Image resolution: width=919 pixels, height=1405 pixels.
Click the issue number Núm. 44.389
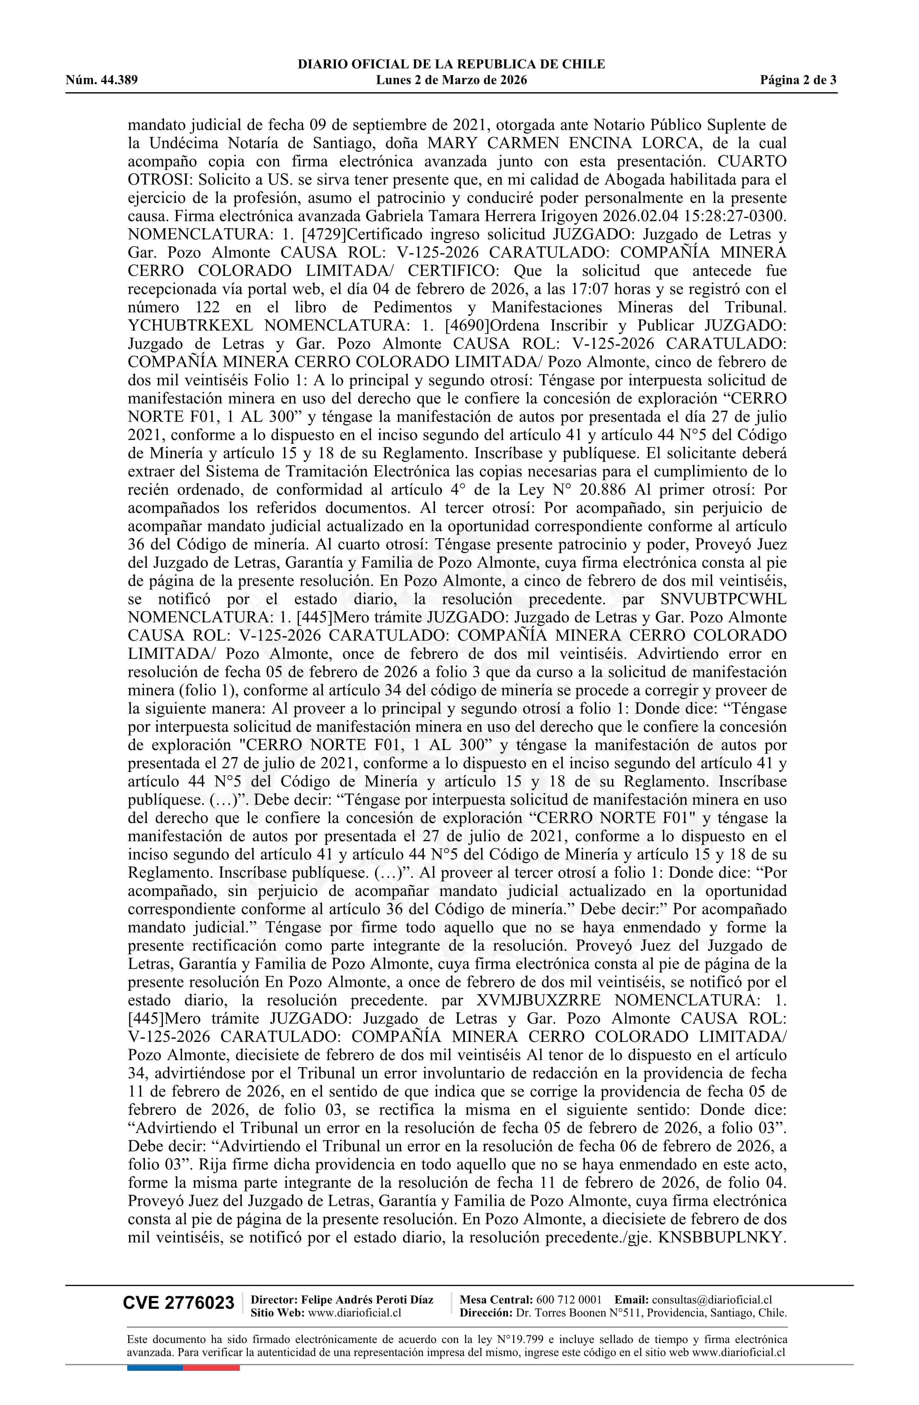102,80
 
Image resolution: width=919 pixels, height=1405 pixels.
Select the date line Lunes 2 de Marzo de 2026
451,80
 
